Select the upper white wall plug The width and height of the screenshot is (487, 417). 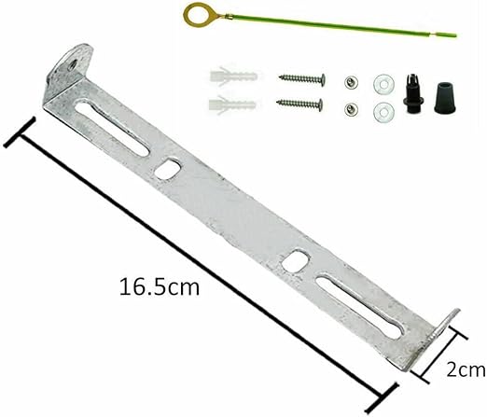click(x=233, y=76)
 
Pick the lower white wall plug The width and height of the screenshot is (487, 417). click(x=232, y=104)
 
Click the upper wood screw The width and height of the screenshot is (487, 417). click(x=302, y=79)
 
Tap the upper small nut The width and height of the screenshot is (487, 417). click(x=351, y=82)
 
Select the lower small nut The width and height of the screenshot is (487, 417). click(x=352, y=109)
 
